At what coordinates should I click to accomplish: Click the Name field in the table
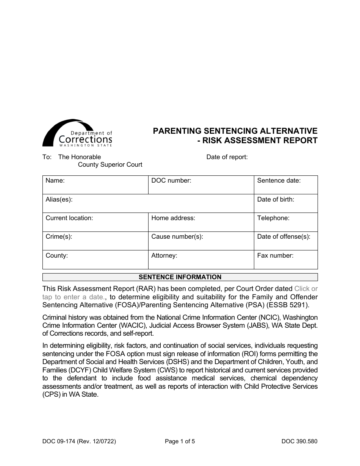[x=95, y=185]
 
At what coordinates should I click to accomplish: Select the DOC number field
[x=201, y=185]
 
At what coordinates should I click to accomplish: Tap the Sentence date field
[x=286, y=185]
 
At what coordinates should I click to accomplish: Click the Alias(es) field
[x=148, y=203]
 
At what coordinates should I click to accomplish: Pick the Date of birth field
[x=286, y=203]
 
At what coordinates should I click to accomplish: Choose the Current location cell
[x=95, y=222]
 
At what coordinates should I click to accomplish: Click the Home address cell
[x=201, y=222]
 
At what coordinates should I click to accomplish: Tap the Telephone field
[x=286, y=222]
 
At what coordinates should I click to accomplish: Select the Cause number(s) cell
[x=201, y=241]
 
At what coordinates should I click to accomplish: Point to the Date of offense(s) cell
[x=286, y=241]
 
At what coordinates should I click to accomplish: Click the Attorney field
[x=201, y=260]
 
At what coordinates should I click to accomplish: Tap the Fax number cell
[x=286, y=260]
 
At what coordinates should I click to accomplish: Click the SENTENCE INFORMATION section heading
[x=180, y=277]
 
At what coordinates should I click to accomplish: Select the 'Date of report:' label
[x=227, y=157]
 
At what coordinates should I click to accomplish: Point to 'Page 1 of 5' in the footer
[x=180, y=441]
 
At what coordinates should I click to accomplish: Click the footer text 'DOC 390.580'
[x=299, y=441]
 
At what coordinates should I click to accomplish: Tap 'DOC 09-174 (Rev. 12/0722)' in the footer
[x=79, y=441]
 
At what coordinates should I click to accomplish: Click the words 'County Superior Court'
[x=110, y=164]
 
